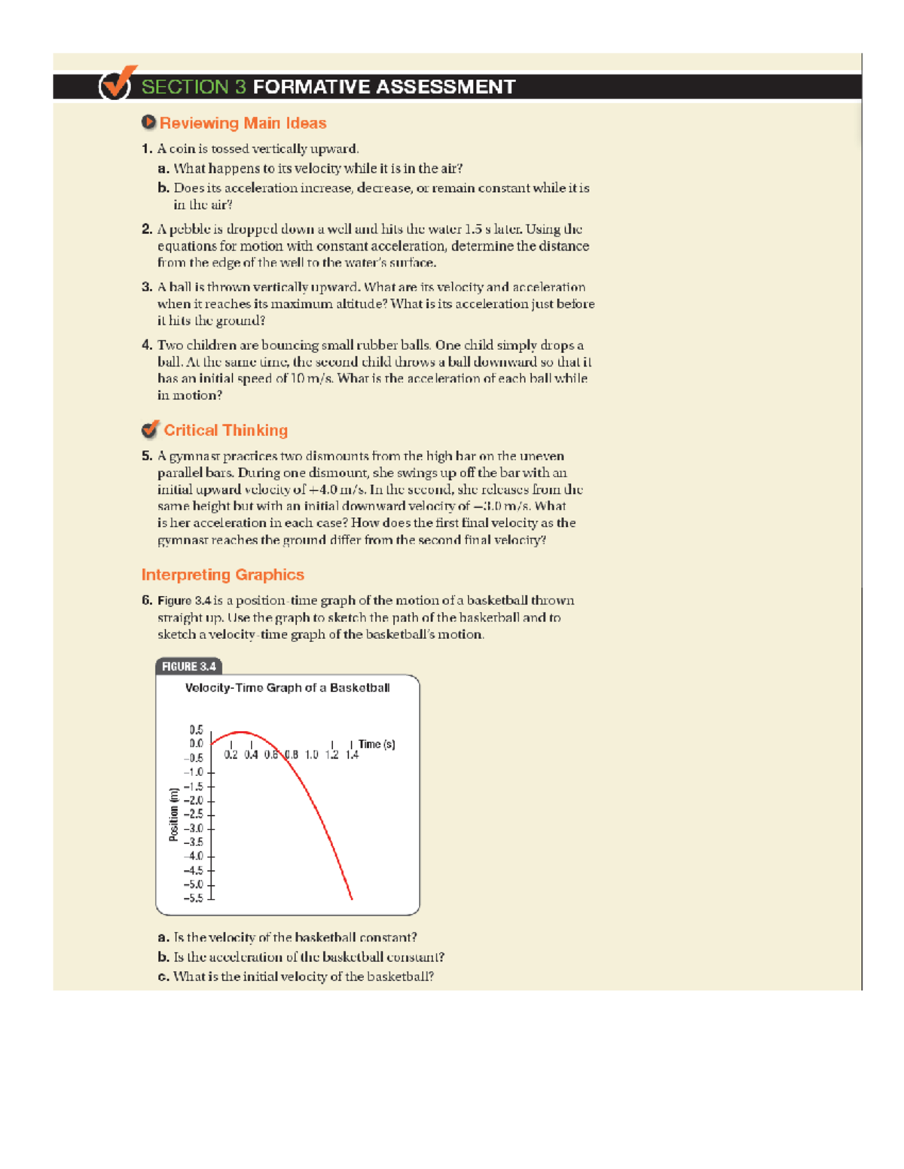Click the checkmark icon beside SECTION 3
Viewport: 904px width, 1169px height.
click(x=116, y=84)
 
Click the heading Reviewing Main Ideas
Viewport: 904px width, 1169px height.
click(x=242, y=123)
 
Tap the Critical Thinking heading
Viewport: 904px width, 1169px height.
click(x=225, y=430)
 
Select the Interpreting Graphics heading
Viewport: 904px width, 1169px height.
click(x=222, y=574)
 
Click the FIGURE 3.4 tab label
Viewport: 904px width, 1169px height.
click(x=188, y=666)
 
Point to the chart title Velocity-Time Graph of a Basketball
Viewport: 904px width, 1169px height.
click(x=287, y=687)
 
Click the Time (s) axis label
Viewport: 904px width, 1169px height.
click(x=376, y=744)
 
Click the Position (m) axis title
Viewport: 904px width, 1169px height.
click(x=174, y=814)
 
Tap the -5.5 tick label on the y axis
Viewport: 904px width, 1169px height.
click(x=194, y=898)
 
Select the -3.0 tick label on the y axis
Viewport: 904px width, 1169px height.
click(x=194, y=828)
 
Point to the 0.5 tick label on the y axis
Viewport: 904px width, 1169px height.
click(x=196, y=729)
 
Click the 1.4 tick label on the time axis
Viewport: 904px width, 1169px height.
click(x=352, y=754)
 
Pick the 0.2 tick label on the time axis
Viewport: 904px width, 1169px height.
click(x=231, y=754)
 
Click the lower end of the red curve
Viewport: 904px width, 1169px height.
click(x=351, y=898)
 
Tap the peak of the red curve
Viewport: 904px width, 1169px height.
click(x=240, y=732)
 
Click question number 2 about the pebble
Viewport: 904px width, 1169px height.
click(x=147, y=229)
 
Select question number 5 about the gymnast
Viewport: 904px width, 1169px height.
click(x=147, y=455)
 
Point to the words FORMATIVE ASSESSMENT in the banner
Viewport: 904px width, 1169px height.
click(x=384, y=87)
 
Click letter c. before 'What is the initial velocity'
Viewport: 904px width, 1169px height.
click(x=163, y=976)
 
